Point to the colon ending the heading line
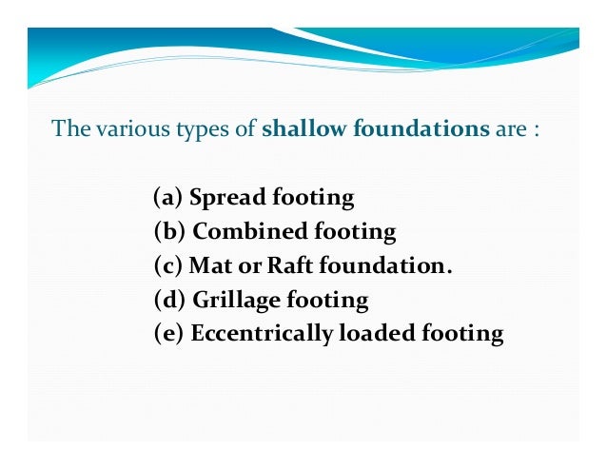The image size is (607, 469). [537, 129]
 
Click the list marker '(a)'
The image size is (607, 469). [167, 198]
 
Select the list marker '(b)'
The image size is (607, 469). [169, 232]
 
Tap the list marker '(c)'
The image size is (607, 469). [168, 265]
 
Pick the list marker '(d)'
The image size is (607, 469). [169, 300]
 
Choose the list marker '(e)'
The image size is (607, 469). [168, 334]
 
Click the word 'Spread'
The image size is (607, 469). [227, 199]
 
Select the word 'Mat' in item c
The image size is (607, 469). [207, 265]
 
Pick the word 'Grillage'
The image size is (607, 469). [237, 301]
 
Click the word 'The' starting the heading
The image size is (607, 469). [68, 128]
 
